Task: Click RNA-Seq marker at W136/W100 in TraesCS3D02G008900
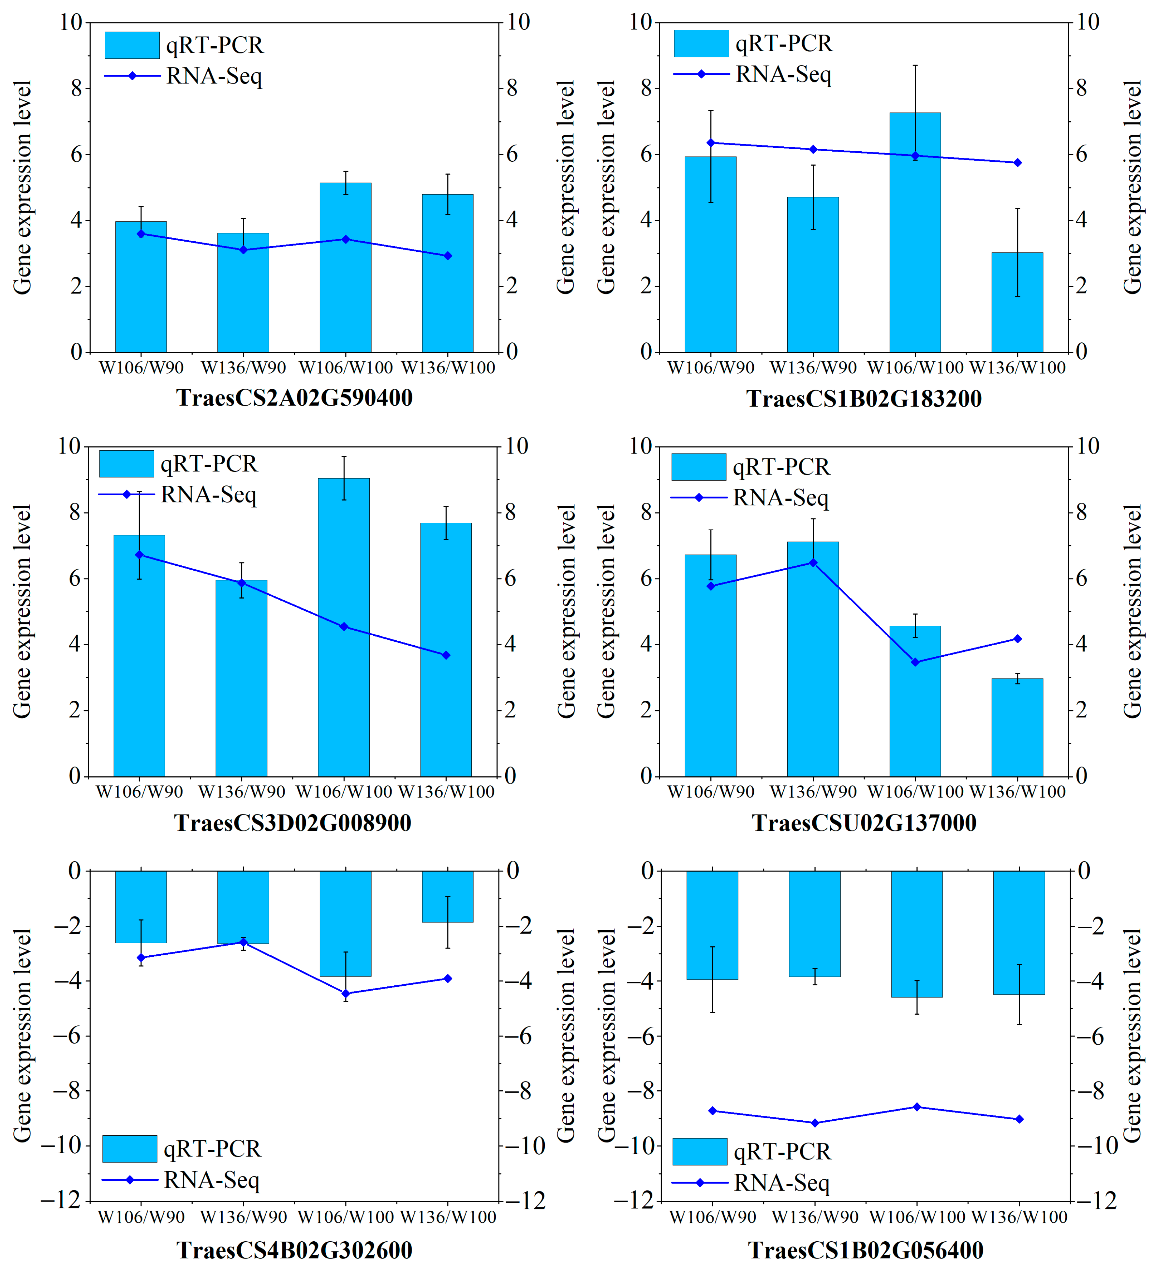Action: [446, 655]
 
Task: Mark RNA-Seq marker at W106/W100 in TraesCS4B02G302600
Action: [345, 994]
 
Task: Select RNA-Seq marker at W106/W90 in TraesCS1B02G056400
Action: [713, 1111]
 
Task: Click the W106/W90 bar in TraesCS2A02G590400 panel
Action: [141, 287]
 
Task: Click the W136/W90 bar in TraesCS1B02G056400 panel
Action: [815, 923]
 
